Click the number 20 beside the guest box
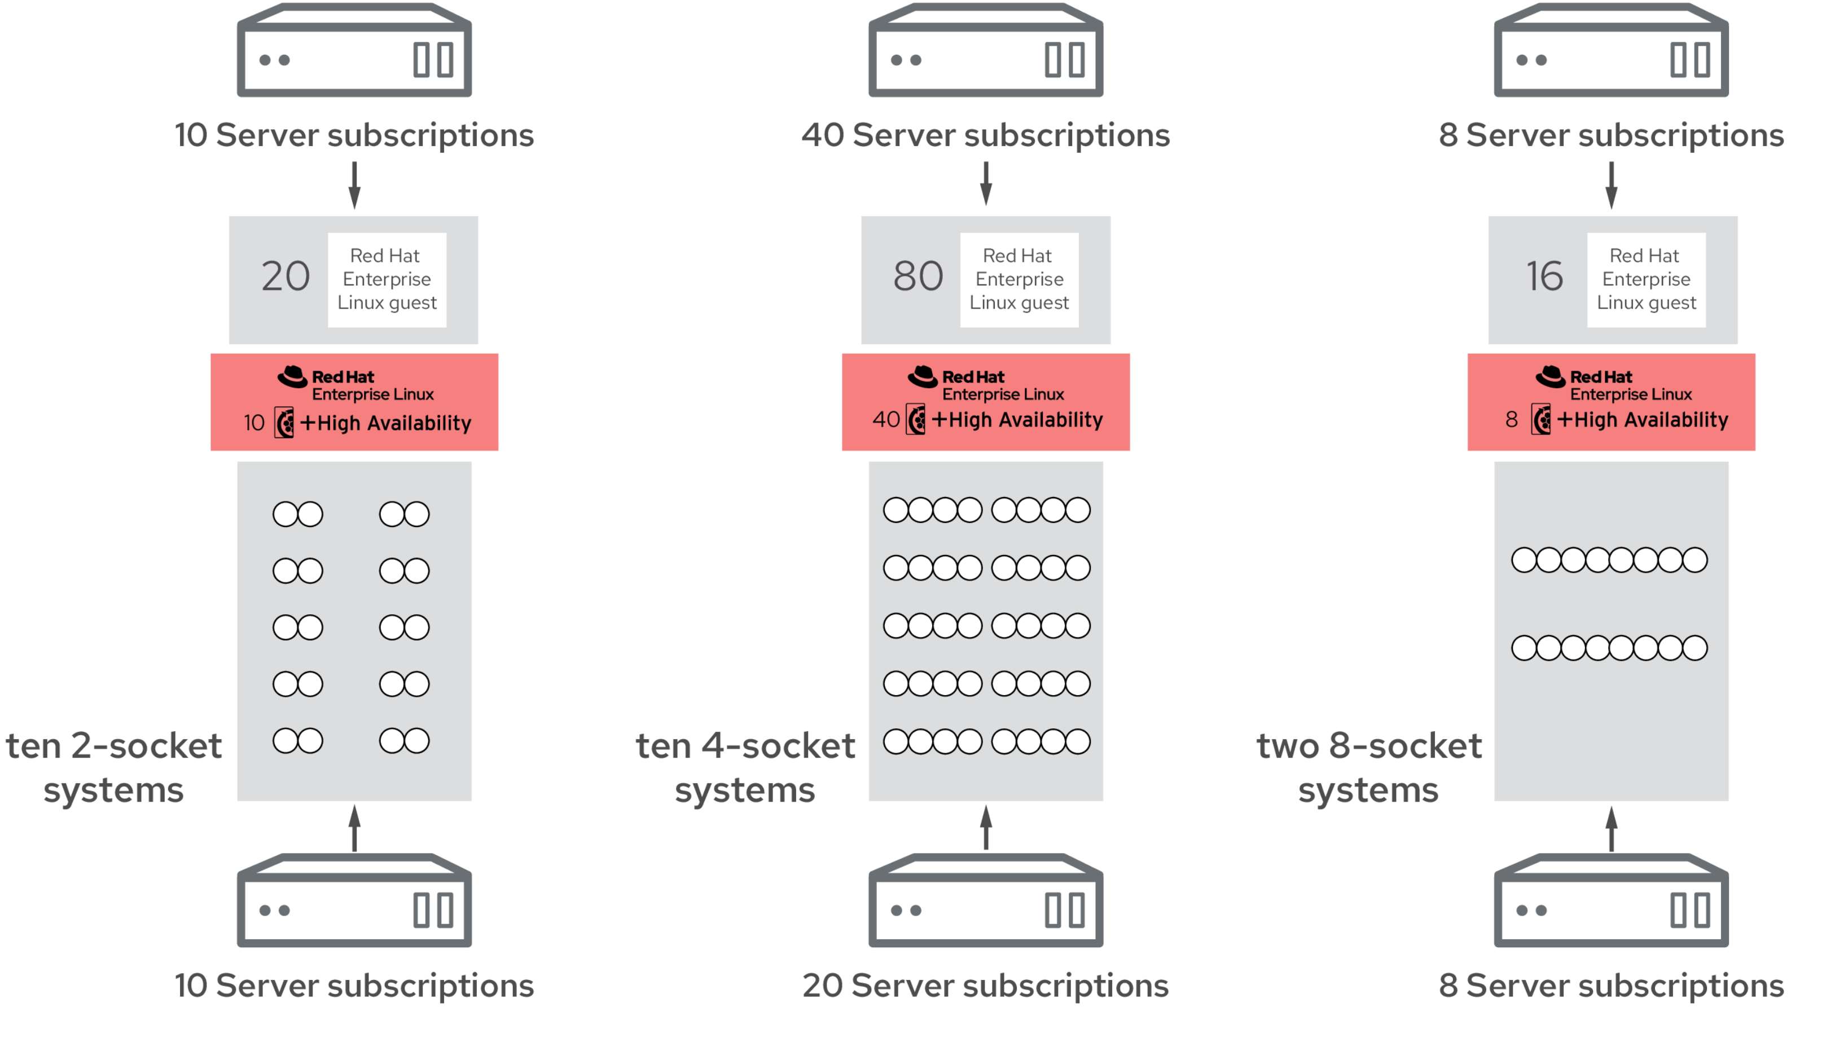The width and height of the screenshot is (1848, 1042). pos(286,276)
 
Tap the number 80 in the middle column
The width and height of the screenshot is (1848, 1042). pos(918,276)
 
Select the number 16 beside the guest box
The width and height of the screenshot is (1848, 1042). pos(1544,276)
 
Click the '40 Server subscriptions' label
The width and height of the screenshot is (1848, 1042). pos(986,135)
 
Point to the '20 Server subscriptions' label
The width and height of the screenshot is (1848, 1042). pos(986,986)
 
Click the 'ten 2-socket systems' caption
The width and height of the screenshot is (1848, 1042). pos(114,767)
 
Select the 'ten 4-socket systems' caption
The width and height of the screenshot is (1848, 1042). pos(745,767)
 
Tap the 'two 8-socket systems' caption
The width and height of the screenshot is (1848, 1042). pos(1369,767)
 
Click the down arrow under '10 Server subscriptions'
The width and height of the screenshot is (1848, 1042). pos(354,185)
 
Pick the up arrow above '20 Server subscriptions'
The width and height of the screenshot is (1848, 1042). pos(986,828)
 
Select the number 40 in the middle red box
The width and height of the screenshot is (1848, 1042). pos(886,420)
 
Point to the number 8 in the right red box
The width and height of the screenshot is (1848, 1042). pos(1512,420)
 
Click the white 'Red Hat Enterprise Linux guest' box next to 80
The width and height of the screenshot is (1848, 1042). pos(1020,280)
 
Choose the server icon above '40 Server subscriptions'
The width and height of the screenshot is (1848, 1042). pos(986,50)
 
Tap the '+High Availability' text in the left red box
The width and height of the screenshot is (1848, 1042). pos(386,423)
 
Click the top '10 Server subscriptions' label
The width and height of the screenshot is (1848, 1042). pos(354,135)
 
